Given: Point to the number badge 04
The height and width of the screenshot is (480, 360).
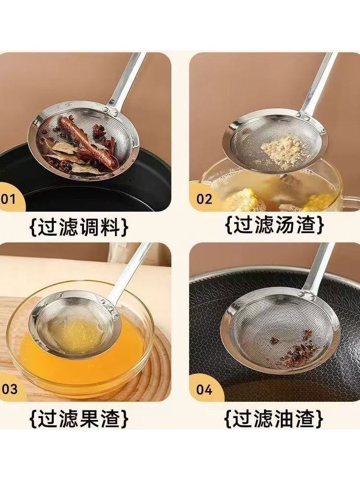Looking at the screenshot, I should coord(204,389).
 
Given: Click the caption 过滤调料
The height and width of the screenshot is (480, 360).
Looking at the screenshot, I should coord(79,227).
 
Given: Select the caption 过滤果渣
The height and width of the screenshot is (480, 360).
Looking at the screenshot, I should coord(79,418).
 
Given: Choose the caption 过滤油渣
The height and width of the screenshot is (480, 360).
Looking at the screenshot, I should coord(274,418).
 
